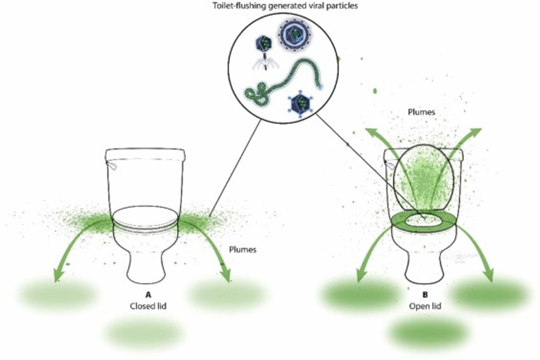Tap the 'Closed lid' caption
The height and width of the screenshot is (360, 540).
pos(146,305)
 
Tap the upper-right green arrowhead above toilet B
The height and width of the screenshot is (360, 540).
pos(477,132)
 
